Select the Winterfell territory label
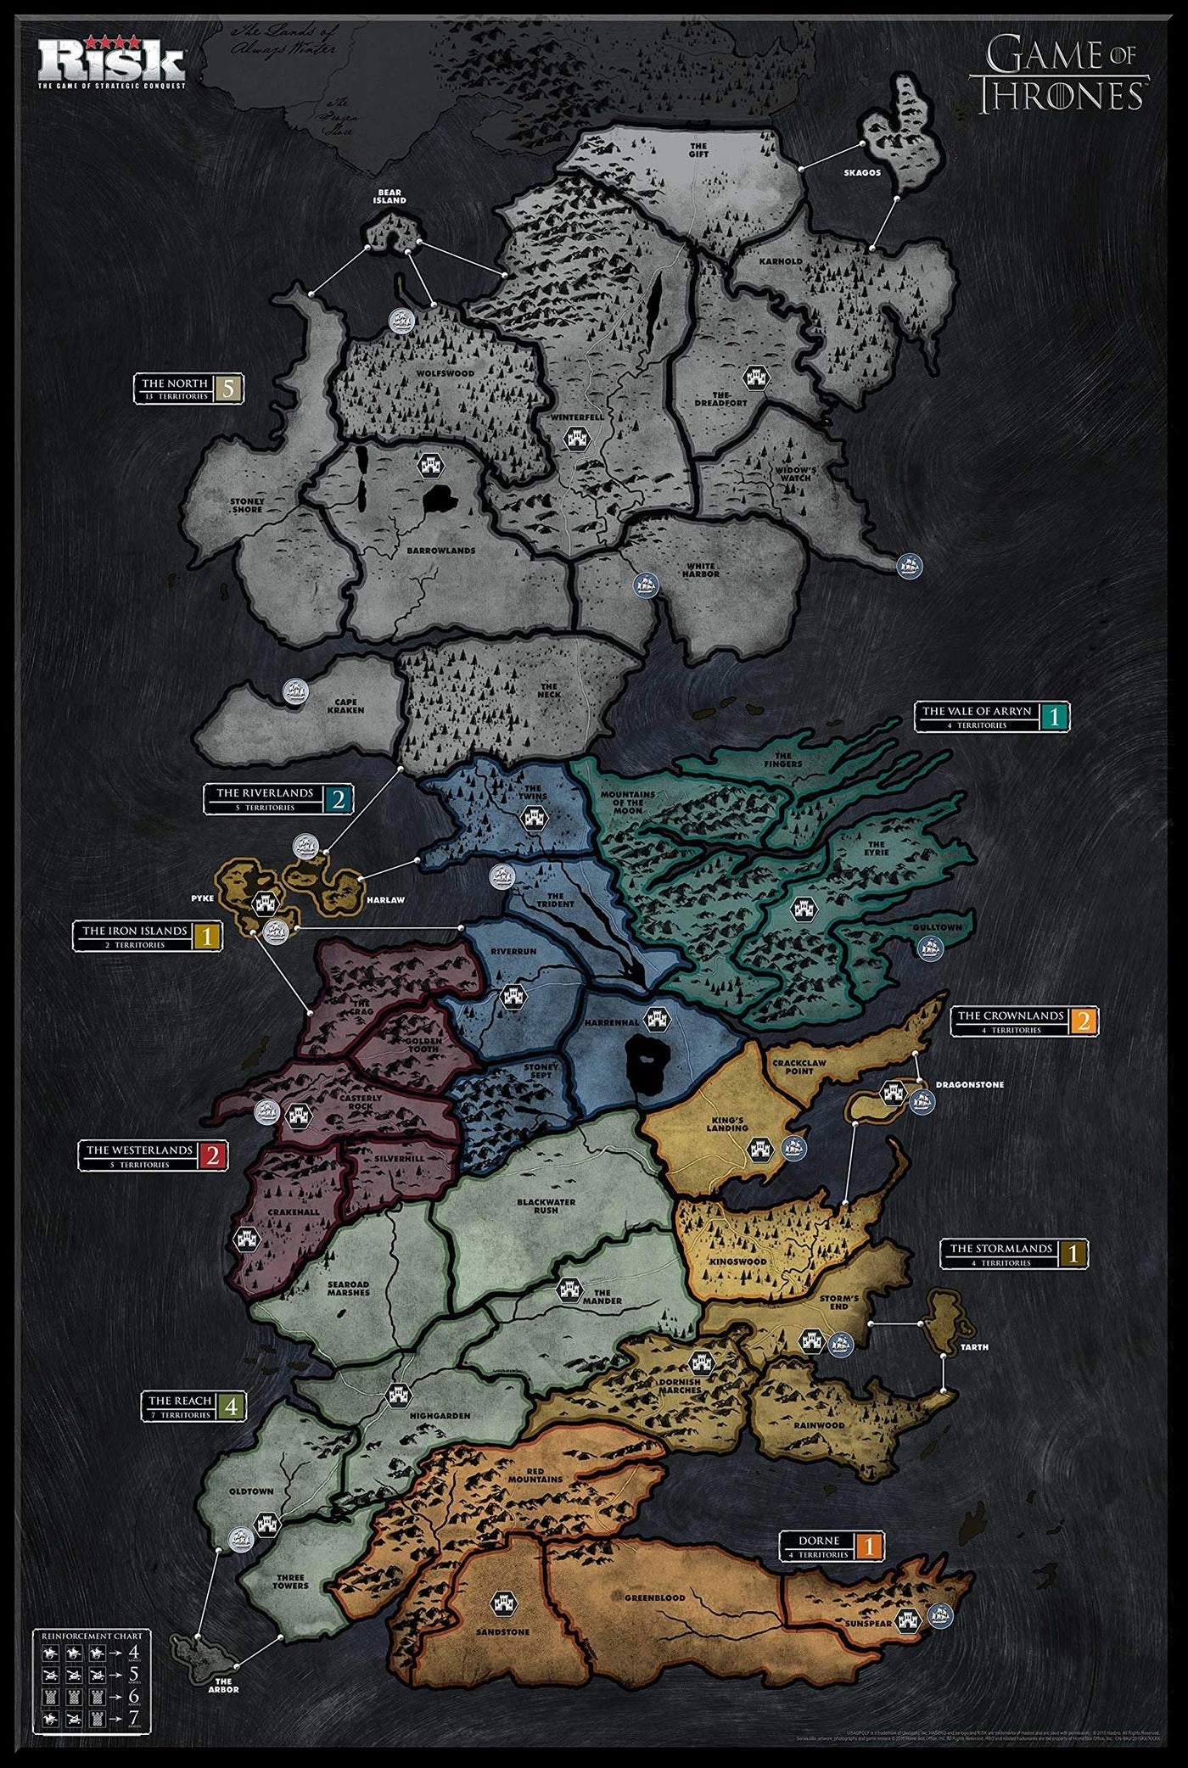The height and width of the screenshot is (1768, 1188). tap(576, 418)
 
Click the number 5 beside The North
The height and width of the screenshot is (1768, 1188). tap(228, 389)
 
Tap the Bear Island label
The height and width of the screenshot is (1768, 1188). tap(390, 197)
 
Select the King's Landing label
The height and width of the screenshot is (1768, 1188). tap(727, 1123)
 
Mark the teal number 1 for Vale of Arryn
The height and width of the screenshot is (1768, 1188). tap(1055, 717)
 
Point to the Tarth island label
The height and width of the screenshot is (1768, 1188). tap(975, 1346)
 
